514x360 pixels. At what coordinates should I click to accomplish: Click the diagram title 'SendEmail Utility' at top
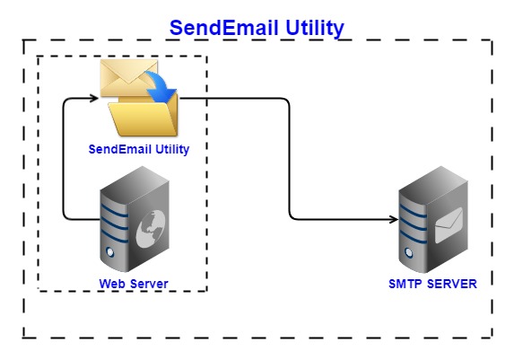click(x=257, y=28)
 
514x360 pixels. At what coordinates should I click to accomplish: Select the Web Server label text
click(x=134, y=285)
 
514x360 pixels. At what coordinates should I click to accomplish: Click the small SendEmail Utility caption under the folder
click(x=139, y=149)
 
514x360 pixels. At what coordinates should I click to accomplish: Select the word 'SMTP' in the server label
click(x=407, y=285)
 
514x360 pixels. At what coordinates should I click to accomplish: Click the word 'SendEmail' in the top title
click(x=219, y=28)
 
